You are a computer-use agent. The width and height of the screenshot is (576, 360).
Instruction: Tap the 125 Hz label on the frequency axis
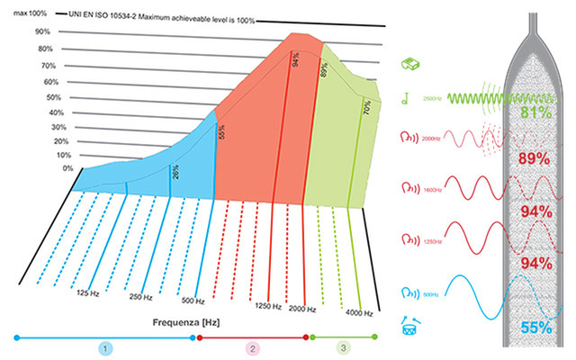coord(88,292)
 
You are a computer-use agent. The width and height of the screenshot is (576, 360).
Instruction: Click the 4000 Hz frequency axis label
coord(359,311)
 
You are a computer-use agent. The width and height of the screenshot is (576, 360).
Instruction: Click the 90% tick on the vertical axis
coord(41,31)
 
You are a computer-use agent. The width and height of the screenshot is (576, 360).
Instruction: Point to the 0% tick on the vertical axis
coord(41,168)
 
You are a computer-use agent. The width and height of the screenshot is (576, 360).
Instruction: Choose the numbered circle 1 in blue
coord(105,346)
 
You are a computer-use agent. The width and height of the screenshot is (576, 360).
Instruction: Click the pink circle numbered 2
coord(253,346)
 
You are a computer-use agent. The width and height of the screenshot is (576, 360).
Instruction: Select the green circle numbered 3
coord(342,346)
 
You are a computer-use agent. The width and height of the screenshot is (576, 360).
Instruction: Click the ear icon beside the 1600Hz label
coord(407,190)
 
